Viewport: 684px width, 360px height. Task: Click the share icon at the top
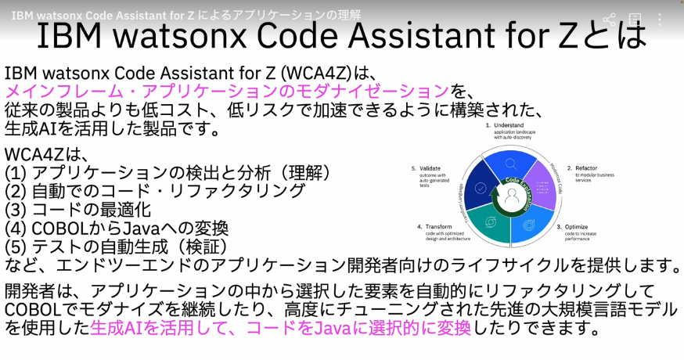click(x=609, y=18)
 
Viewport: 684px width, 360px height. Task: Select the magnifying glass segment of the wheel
click(x=511, y=164)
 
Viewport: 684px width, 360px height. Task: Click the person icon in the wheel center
click(x=513, y=199)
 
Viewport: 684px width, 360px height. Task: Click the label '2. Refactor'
click(x=587, y=168)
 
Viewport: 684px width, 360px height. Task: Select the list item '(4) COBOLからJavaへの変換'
click(x=117, y=229)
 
